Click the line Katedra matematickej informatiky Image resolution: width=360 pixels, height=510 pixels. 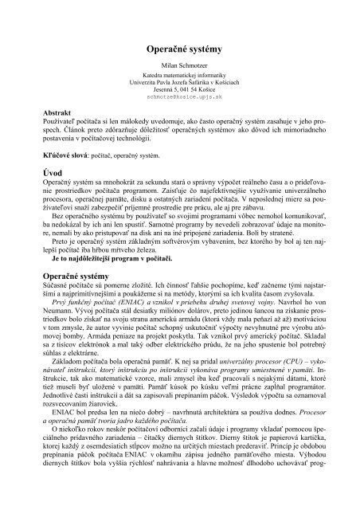coord(179,80)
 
